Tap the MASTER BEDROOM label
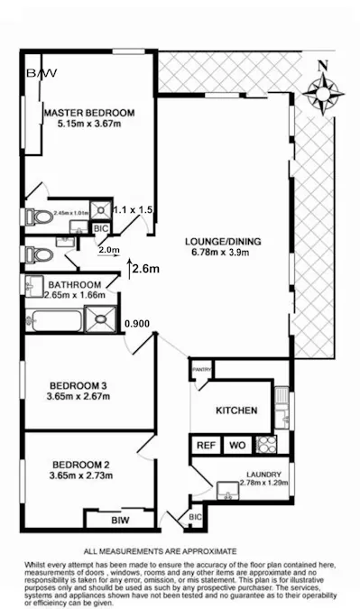89,112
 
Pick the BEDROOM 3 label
78,386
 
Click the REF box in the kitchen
206,445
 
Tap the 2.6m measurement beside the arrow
145,268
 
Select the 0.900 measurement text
138,323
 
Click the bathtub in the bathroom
52,318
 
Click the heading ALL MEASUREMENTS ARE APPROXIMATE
160,549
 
